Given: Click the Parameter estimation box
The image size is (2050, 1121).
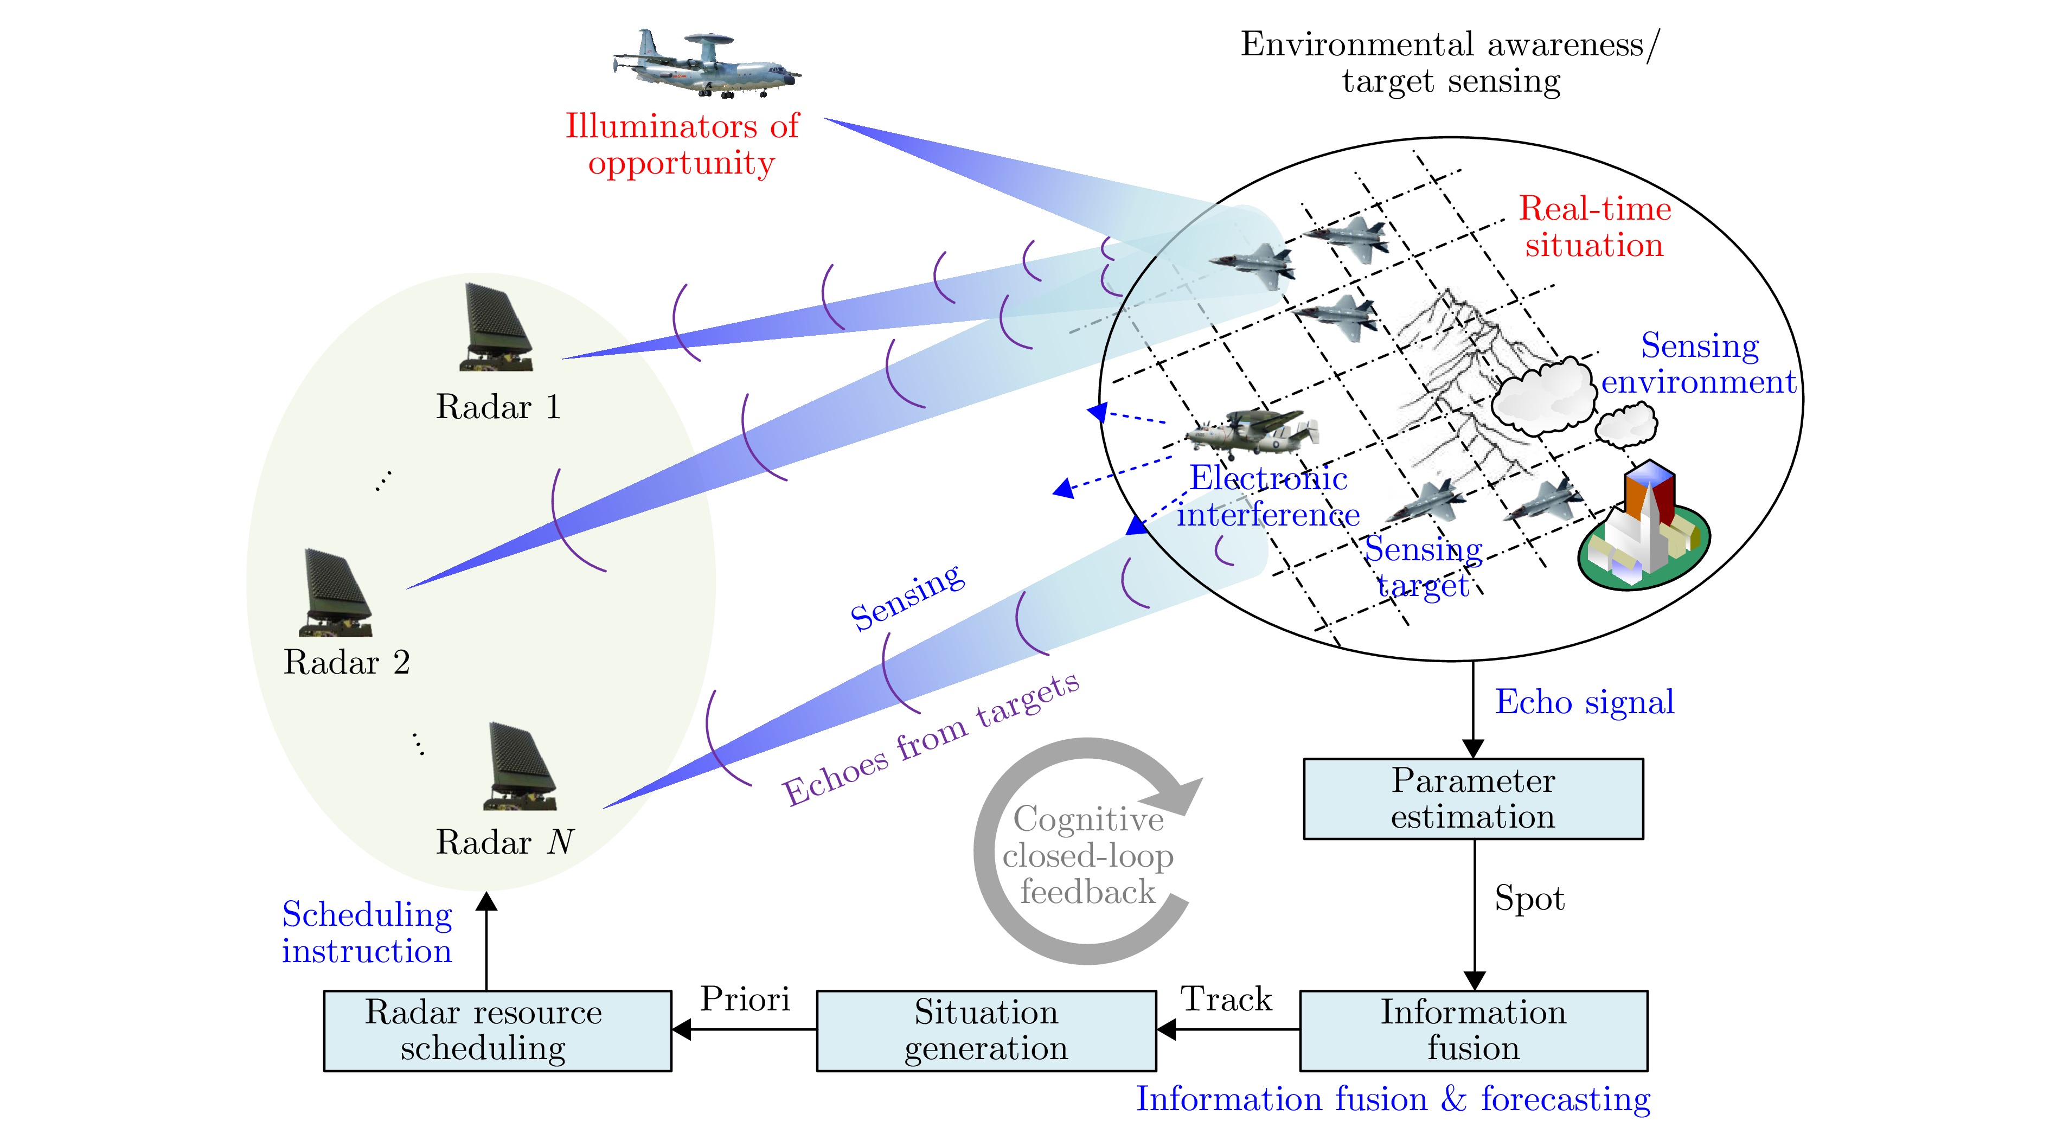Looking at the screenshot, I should coord(1472,799).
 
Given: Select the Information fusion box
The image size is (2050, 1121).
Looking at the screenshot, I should coord(1473,1030).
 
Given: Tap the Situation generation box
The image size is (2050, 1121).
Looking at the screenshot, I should coord(986,1030).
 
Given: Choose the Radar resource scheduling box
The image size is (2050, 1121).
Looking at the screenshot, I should coord(497,1030).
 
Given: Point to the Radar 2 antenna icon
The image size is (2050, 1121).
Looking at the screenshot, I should coord(335,593).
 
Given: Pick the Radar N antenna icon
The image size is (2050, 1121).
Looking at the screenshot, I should coord(519,767).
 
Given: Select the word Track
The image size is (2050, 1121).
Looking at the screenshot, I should coord(1226,1000).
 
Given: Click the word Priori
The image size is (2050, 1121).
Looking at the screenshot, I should coord(745,1000).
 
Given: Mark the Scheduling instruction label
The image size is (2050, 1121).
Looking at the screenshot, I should coord(367,932).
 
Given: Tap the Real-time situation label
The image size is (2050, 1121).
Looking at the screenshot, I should coord(1594,227).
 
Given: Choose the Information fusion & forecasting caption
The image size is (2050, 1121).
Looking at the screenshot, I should coord(1393,1099).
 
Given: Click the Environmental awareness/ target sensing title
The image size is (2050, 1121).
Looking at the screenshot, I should coord(1450,62).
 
